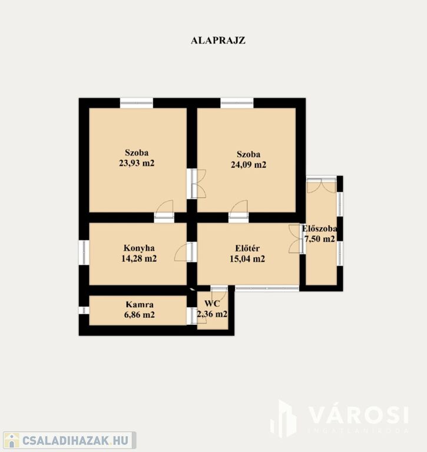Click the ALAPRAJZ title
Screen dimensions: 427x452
218,41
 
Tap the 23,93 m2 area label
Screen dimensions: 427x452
137,163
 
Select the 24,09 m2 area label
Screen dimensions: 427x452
249,165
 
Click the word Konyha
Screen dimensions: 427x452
139,248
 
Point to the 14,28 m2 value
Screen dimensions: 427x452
139,258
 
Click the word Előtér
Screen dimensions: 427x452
247,248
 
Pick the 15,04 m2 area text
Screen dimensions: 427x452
247,258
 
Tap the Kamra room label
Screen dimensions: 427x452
140,304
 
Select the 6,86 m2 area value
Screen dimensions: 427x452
140,314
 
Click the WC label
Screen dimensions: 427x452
212,304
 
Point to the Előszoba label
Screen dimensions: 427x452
319,228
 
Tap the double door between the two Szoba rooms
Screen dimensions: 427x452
196,184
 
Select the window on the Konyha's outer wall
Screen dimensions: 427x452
84,252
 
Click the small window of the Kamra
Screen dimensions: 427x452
84,310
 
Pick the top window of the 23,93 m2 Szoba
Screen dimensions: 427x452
137,103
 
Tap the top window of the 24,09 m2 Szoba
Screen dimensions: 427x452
237,103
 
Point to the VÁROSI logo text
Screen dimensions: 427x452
358,416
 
